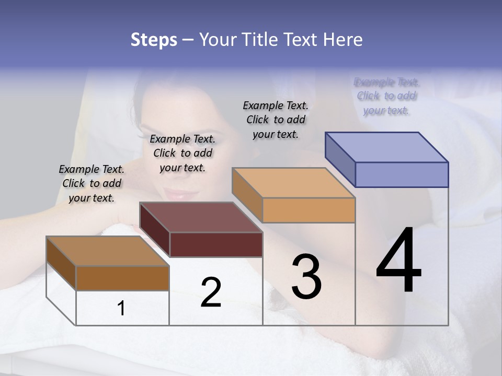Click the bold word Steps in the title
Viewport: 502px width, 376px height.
click(x=153, y=40)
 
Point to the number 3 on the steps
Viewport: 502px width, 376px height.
click(x=306, y=276)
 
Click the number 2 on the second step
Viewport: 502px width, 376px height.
click(x=211, y=292)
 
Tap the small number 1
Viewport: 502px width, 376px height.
click(x=121, y=308)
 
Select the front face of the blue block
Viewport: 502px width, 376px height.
click(x=402, y=174)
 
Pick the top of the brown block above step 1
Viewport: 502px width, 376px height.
click(x=108, y=251)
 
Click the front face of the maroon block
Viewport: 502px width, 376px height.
click(x=216, y=244)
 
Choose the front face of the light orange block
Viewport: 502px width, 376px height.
click(x=309, y=210)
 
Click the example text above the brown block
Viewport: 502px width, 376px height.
click(x=92, y=183)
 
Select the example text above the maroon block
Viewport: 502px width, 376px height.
click(x=182, y=153)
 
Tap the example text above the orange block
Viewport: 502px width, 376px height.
click(x=276, y=120)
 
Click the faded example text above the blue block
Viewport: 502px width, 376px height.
click(x=387, y=96)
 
